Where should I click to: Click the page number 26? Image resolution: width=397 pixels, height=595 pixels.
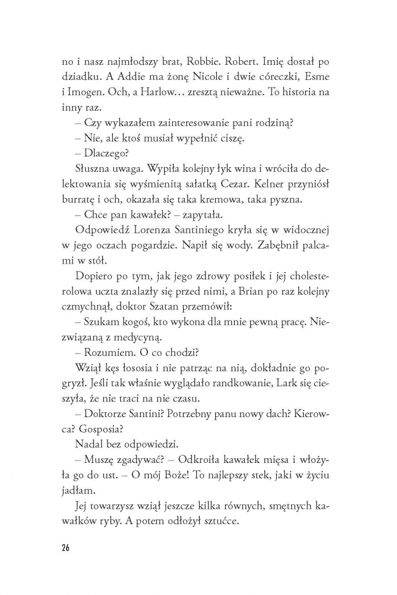tap(65, 547)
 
